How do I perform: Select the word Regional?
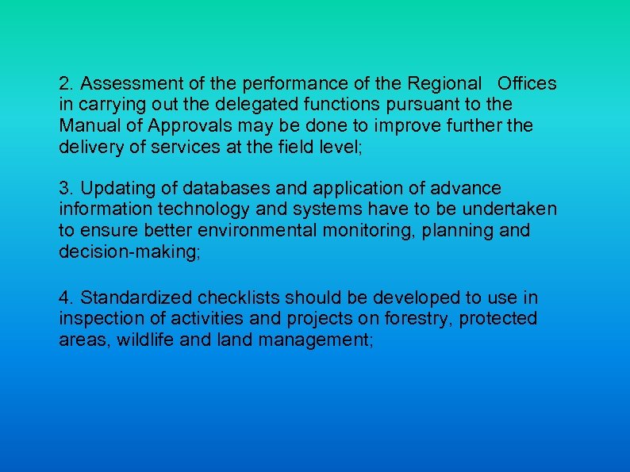pos(445,83)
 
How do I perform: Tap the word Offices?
pos(527,83)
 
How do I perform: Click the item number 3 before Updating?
pos(64,189)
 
